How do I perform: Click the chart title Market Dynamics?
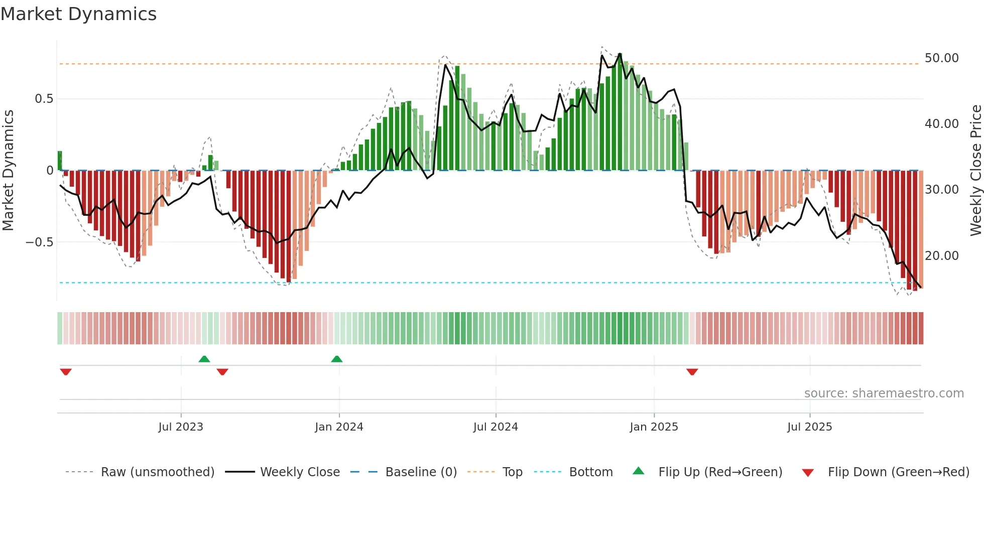78,14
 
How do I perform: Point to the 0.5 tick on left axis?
44,99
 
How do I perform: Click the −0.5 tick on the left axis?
39,242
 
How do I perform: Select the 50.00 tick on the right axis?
941,58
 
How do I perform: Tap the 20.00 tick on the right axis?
941,256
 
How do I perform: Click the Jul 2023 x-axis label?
181,427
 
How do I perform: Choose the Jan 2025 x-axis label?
654,427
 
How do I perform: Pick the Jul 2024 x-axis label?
496,427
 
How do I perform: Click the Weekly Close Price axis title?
975,171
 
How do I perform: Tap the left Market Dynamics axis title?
8,171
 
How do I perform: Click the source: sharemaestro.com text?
884,393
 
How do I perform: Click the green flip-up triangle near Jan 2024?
337,359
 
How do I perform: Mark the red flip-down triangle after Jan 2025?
692,372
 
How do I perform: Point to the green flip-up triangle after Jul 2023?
204,359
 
